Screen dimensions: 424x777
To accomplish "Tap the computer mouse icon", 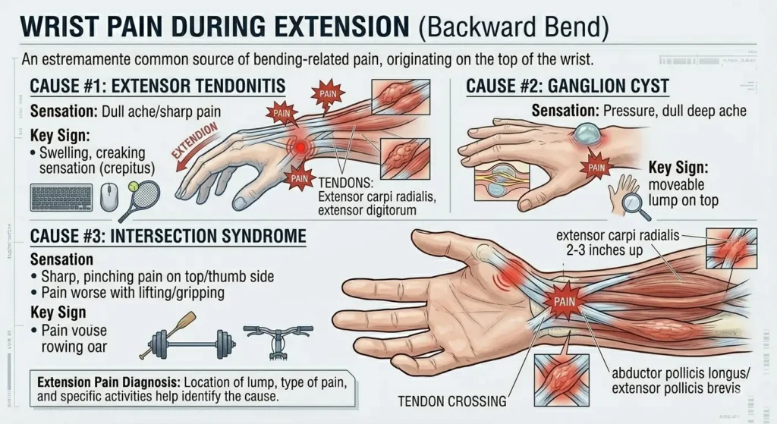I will [109, 197].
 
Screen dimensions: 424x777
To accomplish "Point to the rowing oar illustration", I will [168, 334].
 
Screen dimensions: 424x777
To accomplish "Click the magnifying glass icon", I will [632, 202].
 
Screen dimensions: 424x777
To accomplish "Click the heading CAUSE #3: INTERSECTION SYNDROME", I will [168, 236].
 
